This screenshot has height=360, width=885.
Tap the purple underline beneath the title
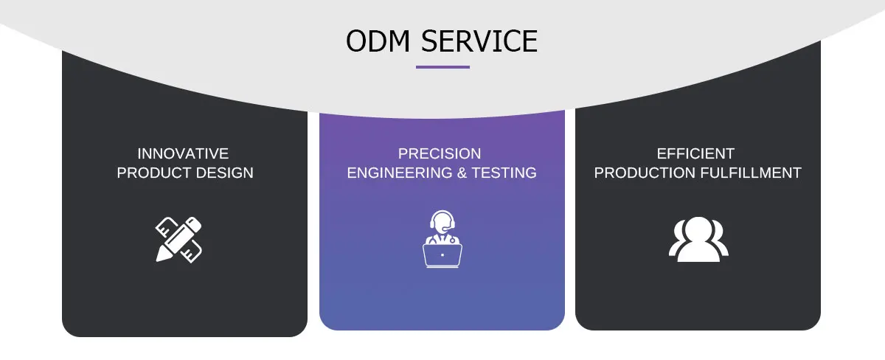(x=442, y=67)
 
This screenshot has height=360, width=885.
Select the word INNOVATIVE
(x=183, y=153)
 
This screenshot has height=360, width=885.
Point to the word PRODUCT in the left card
(x=153, y=173)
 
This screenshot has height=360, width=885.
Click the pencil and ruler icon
(x=178, y=239)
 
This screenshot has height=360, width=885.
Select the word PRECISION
(x=440, y=153)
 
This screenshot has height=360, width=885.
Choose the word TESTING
(x=505, y=173)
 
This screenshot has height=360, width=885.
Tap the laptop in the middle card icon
(x=442, y=255)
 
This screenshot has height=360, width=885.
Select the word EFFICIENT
(x=695, y=153)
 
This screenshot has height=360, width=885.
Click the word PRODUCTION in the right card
(x=645, y=173)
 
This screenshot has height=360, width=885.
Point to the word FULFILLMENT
(x=751, y=173)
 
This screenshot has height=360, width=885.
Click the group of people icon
(x=698, y=239)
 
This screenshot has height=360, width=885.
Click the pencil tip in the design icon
(x=160, y=257)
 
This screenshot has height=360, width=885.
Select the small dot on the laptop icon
(x=442, y=255)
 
